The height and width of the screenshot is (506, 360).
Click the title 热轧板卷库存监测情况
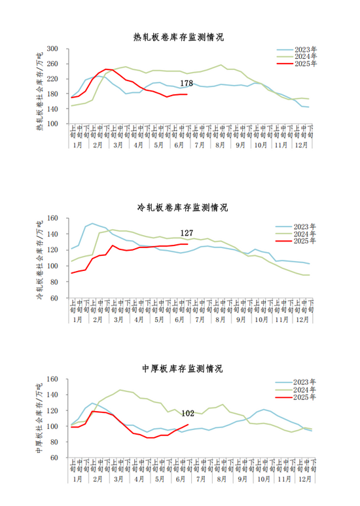point(179,37)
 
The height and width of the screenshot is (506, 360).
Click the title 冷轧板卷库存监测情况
point(183,208)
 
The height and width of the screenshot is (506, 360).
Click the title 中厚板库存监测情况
point(183,369)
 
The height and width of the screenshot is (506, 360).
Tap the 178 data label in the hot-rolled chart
point(187,83)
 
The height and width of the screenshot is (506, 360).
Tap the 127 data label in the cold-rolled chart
point(187,233)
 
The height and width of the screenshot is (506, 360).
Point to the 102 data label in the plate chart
point(188,414)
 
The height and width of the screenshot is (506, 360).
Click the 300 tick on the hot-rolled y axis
point(52,49)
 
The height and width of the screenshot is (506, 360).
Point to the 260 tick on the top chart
point(52,64)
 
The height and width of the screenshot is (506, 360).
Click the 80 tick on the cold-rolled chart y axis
point(54,282)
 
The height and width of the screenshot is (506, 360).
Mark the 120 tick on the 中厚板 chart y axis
point(52,410)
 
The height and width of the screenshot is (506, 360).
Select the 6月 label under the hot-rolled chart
point(179,145)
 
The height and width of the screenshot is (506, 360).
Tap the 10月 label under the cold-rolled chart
point(261,319)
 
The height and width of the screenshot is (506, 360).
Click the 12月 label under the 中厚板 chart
point(305,479)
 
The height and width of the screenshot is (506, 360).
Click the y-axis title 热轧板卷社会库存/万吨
point(39,92)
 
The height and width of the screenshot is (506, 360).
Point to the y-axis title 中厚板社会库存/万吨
point(39,418)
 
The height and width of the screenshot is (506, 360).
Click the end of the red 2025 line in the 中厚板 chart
point(188,424)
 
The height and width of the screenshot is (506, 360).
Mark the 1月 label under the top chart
point(77,145)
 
